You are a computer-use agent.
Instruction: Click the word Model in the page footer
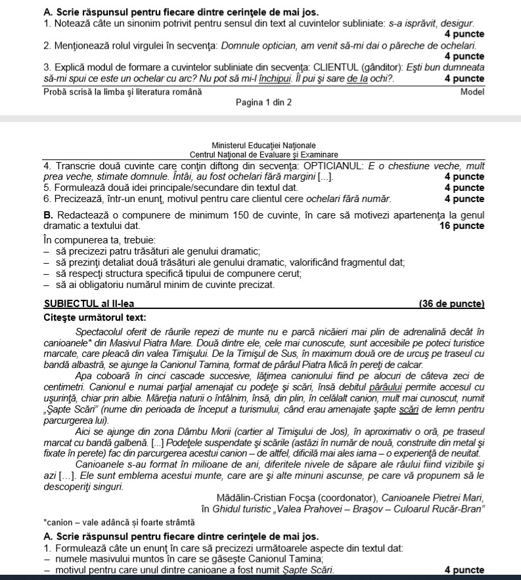click(472, 93)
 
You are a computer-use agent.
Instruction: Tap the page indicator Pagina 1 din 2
click(263, 103)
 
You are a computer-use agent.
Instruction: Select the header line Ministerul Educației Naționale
click(264, 146)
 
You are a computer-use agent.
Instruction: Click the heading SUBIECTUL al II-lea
click(91, 304)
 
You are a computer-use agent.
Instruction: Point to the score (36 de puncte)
click(451, 304)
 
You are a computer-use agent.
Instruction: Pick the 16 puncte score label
click(461, 226)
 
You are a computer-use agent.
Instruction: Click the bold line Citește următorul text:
click(95, 318)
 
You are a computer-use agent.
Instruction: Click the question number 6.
click(46, 198)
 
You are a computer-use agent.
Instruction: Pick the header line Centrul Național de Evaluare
click(264, 154)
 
